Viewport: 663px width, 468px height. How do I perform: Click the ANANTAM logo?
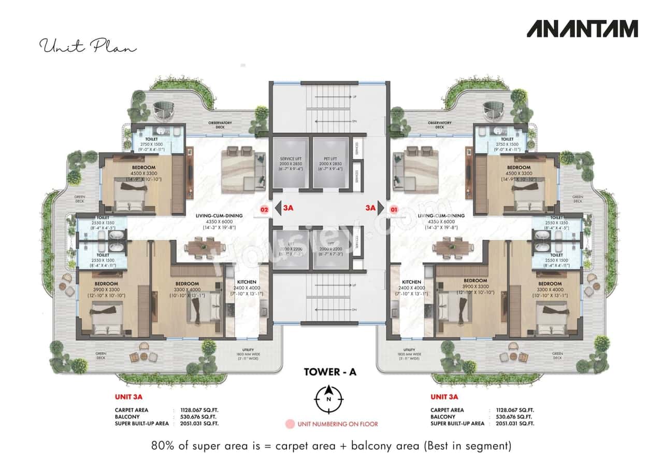(582, 29)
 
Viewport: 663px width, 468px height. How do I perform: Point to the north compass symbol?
(328, 399)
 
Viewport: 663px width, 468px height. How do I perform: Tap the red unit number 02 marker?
(264, 210)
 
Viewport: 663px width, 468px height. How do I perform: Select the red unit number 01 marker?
(394, 210)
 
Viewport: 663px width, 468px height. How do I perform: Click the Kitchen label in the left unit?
(247, 282)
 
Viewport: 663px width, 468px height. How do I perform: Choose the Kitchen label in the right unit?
(411, 282)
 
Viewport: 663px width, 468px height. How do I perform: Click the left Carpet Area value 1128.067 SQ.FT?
(199, 410)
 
